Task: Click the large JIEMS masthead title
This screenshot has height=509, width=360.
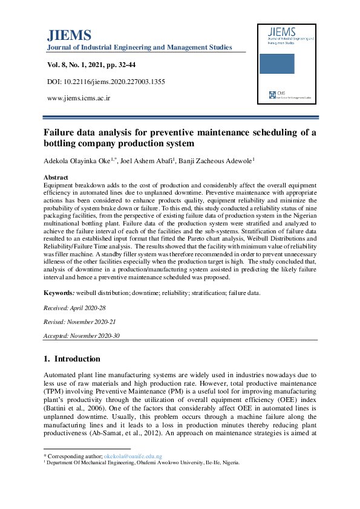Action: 69,34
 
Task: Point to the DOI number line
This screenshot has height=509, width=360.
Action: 106,81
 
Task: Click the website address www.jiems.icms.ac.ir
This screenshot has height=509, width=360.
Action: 79,97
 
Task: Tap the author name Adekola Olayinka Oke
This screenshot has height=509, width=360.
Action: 79,161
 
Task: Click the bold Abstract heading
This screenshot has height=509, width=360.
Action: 56,177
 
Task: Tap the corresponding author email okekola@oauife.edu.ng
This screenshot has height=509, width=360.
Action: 133,456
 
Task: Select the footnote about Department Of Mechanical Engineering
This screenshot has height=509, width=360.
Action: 143,462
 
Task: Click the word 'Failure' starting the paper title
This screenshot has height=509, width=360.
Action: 60,132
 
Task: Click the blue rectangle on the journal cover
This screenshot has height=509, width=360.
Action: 277,66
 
